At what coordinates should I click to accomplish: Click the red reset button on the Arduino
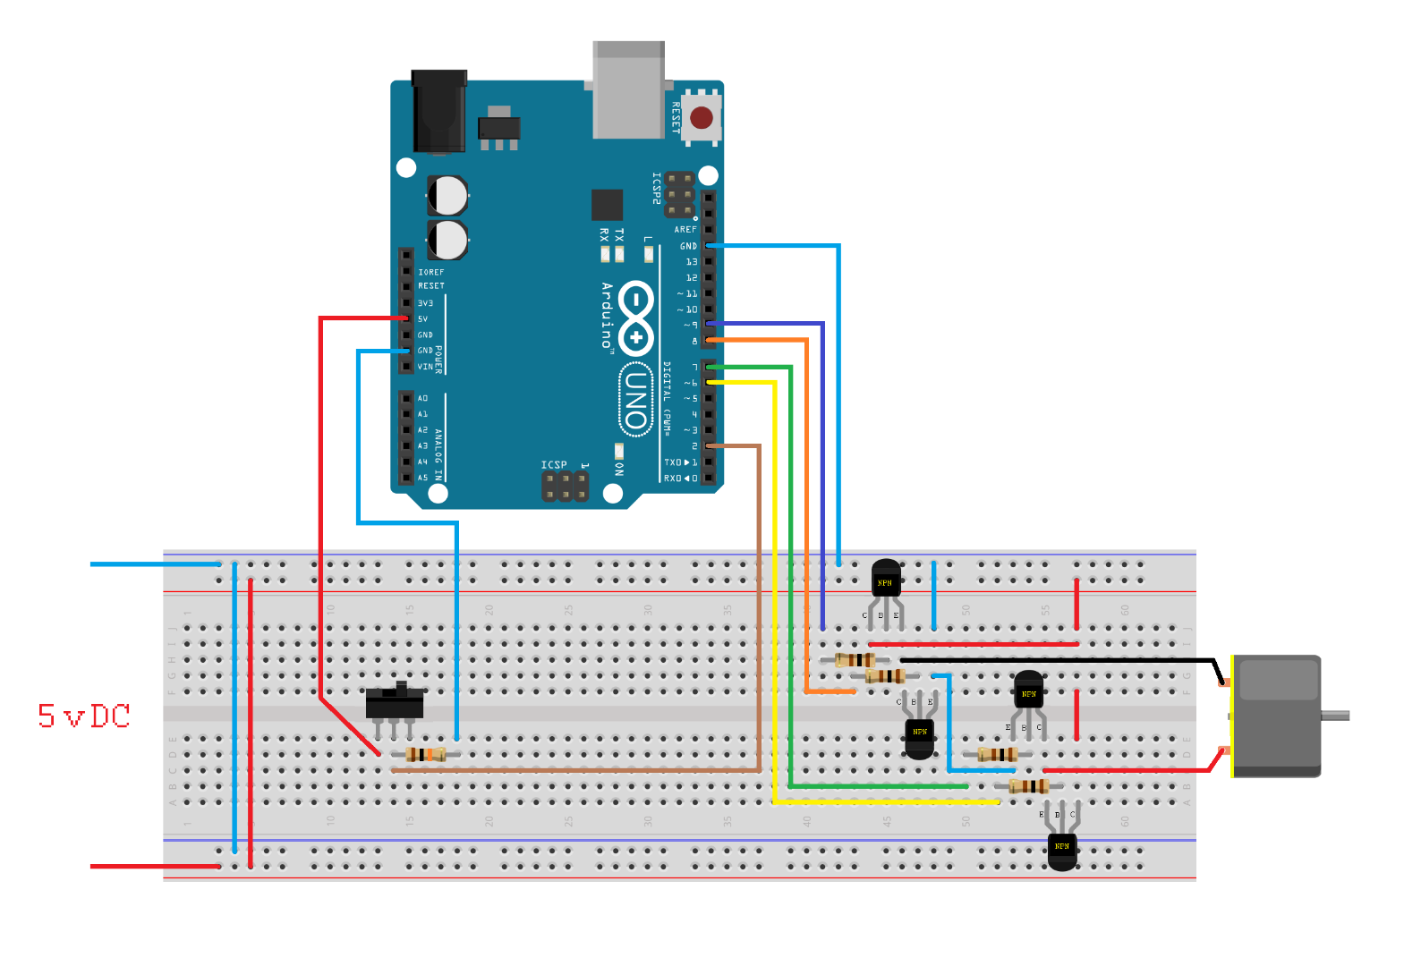(702, 117)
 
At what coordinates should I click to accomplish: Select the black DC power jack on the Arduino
(438, 112)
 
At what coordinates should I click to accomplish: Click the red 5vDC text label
(84, 716)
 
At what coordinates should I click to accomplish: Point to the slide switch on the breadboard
(395, 702)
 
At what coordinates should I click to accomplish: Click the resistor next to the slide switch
(425, 754)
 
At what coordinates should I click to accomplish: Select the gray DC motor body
(1276, 716)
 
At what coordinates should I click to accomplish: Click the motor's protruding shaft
(1335, 716)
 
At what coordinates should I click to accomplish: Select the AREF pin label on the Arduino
(685, 230)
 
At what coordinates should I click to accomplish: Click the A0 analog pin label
(422, 398)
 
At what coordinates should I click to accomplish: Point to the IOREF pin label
(430, 272)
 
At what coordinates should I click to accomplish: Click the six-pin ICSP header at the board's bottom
(565, 486)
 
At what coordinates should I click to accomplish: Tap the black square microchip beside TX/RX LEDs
(607, 205)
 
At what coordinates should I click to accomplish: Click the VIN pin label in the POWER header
(425, 367)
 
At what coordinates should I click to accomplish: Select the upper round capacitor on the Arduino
(447, 195)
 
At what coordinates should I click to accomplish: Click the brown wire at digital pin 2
(734, 445)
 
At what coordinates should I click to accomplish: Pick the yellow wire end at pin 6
(716, 383)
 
